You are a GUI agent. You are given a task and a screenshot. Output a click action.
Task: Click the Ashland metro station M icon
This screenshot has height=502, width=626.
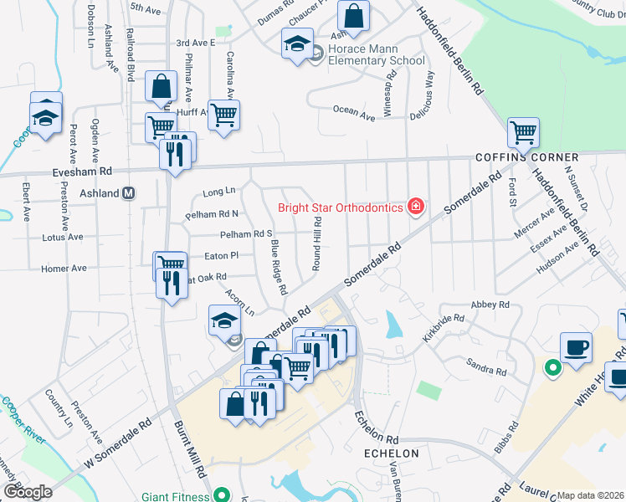(x=130, y=192)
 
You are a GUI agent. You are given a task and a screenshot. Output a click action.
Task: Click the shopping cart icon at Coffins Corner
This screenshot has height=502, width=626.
(x=523, y=131)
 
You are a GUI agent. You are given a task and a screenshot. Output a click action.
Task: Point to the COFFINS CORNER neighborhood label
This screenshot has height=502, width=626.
(x=526, y=157)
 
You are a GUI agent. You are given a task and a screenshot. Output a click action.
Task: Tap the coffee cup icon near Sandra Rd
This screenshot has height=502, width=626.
(x=576, y=347)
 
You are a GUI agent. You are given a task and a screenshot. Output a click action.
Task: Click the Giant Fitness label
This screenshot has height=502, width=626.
(x=175, y=496)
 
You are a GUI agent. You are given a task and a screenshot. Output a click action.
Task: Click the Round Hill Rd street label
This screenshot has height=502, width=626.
(x=317, y=243)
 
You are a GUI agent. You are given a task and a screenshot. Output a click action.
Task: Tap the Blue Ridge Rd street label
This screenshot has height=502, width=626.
(x=279, y=267)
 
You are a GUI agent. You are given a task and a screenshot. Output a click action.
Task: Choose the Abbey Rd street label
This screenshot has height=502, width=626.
(x=490, y=305)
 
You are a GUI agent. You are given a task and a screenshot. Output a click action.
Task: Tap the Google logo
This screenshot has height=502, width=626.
(x=28, y=491)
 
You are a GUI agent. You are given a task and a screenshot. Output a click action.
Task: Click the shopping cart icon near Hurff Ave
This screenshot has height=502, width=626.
(x=223, y=115)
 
